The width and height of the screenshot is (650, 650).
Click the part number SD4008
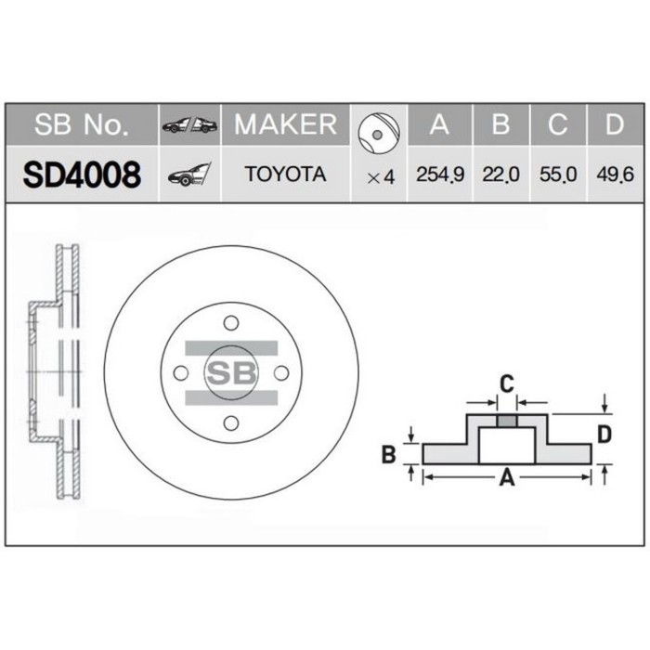pyautogui.click(x=81, y=174)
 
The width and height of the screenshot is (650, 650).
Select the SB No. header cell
pyautogui.click(x=81, y=125)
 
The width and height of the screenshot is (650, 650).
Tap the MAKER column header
pyautogui.click(x=285, y=124)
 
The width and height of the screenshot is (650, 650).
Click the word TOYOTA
pyautogui.click(x=285, y=175)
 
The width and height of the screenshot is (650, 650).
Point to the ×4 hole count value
pyautogui.click(x=381, y=175)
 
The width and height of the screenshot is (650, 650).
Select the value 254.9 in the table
pyautogui.click(x=440, y=175)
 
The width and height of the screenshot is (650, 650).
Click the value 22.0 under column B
pyautogui.click(x=500, y=175)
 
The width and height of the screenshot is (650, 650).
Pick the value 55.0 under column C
pyautogui.click(x=558, y=175)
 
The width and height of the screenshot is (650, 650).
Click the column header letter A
pyautogui.click(x=440, y=125)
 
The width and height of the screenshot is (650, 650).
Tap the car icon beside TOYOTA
pyautogui.click(x=188, y=175)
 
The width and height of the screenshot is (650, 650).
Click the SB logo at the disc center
pyautogui.click(x=230, y=372)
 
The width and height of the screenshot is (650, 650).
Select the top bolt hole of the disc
pyautogui.click(x=230, y=321)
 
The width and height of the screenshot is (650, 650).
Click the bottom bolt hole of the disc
pyautogui.click(x=230, y=423)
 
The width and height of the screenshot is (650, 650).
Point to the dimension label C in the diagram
pyautogui.click(x=506, y=383)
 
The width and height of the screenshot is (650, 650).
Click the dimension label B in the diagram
pyautogui.click(x=391, y=454)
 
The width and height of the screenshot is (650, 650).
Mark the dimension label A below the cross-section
pyautogui.click(x=507, y=478)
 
